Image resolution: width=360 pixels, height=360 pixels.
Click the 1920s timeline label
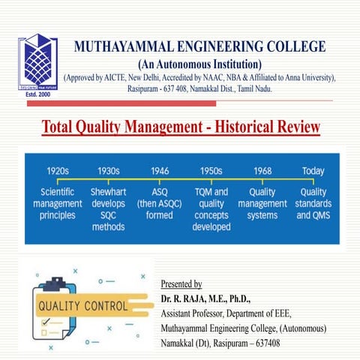tap(58, 171)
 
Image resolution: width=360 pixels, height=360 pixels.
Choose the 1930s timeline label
tap(108, 171)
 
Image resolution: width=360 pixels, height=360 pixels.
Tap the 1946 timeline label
tap(160, 171)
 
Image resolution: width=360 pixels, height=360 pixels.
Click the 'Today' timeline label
tap(313, 171)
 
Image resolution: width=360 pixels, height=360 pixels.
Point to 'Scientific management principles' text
tap(58, 204)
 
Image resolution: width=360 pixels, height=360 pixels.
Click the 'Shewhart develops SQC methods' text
tap(108, 209)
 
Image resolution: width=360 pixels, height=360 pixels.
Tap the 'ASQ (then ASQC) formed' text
tap(160, 204)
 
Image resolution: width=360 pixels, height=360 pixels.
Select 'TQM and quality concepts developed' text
tap(211, 209)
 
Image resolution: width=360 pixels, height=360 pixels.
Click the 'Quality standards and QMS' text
tap(313, 204)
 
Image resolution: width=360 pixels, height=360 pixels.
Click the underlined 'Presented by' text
tap(181, 284)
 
